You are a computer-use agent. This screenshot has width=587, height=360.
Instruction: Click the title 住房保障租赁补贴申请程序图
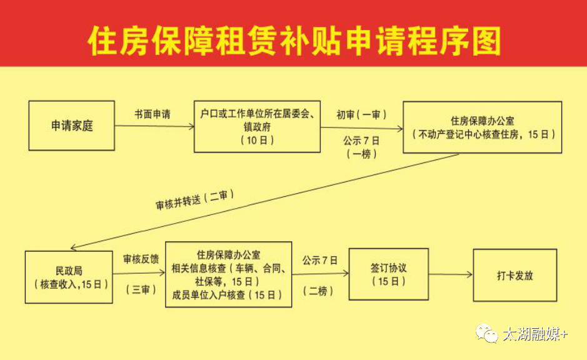[294, 41]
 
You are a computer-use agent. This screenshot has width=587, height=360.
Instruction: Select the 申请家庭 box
[72, 126]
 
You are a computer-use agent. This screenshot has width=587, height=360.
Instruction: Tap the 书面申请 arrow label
[153, 115]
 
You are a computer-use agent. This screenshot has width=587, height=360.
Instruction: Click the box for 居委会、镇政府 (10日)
[257, 127]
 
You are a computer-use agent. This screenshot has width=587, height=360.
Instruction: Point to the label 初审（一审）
[361, 115]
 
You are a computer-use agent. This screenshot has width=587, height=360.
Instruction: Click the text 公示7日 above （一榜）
[361, 140]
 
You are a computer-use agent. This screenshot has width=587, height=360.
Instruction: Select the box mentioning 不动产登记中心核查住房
[483, 127]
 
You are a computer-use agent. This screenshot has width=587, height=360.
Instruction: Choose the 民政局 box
[69, 277]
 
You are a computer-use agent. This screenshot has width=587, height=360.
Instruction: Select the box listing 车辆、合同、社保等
[228, 274]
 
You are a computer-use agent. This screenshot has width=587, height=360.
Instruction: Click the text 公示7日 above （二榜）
[319, 259]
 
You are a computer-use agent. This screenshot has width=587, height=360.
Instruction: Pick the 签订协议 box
[389, 274]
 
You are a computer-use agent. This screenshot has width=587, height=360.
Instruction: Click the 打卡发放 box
[514, 275]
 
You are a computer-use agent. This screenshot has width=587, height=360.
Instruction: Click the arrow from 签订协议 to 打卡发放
[451, 274]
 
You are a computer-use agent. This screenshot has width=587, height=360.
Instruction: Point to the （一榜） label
[361, 154]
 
